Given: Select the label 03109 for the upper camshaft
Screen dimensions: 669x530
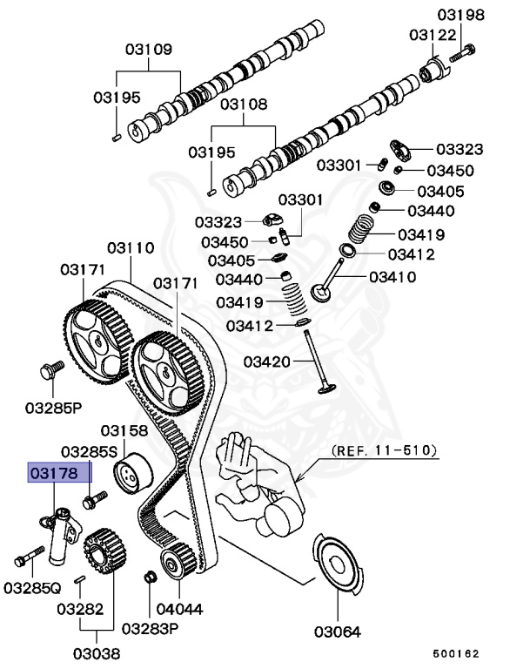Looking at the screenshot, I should (x=147, y=49).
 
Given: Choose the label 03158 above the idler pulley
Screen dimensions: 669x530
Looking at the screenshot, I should (x=124, y=431).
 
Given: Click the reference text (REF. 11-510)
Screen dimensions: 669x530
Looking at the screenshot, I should (x=384, y=451).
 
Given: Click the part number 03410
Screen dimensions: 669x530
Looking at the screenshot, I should (x=392, y=277).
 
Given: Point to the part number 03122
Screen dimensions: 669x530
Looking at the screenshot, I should (x=433, y=34).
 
